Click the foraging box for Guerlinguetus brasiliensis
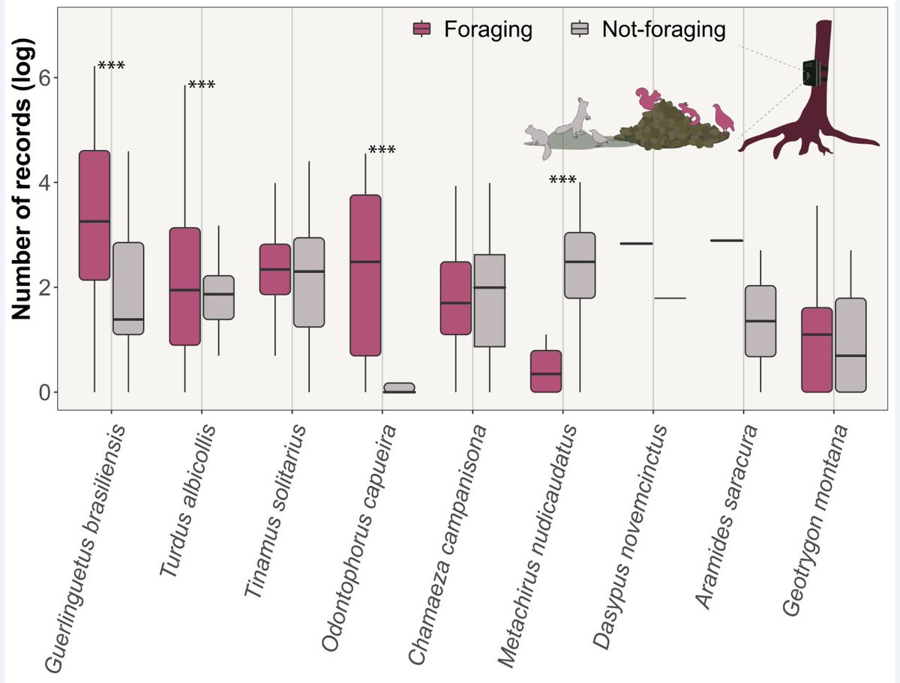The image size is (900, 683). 94,215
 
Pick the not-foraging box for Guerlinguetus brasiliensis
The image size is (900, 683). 128,288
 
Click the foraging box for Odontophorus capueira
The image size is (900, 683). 366,274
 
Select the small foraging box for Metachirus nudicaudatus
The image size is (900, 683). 546,370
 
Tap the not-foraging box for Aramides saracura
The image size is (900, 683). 760,321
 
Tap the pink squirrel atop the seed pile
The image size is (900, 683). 646,98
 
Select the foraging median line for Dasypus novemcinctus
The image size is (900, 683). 637,244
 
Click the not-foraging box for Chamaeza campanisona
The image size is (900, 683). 490,301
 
